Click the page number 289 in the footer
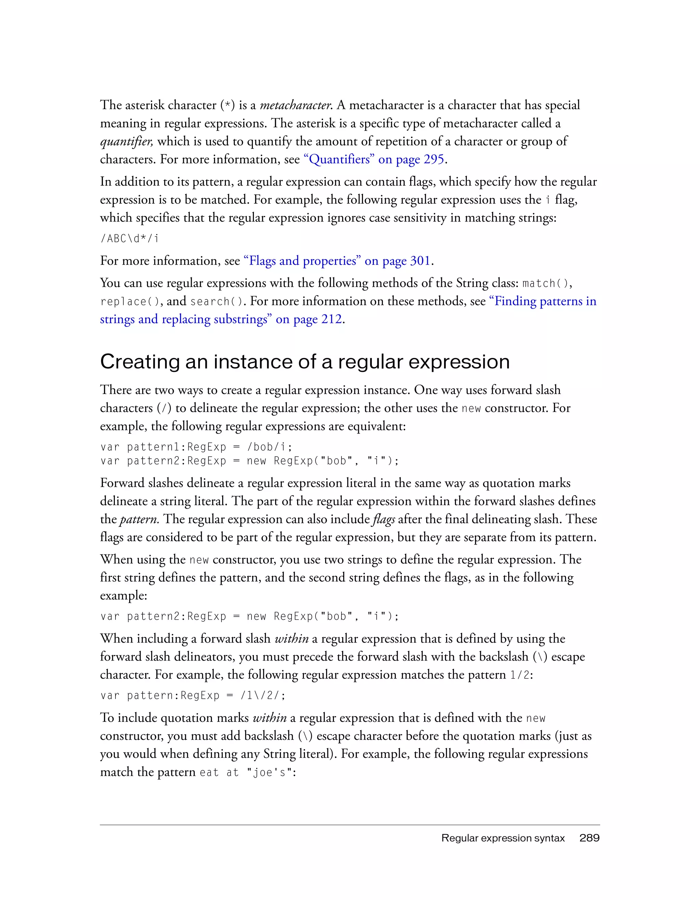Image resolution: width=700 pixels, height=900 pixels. (x=589, y=838)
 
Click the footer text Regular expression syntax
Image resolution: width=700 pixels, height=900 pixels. (x=503, y=838)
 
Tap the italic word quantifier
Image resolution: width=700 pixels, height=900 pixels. (x=126, y=142)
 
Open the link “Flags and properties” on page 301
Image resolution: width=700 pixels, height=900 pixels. (x=337, y=261)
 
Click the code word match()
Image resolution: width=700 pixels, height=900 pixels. (x=546, y=283)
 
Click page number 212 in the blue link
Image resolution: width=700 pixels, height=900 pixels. (x=331, y=319)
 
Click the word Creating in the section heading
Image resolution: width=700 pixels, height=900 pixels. (x=139, y=362)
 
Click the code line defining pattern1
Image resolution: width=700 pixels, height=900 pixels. (x=196, y=447)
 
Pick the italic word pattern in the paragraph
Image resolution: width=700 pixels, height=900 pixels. (x=139, y=520)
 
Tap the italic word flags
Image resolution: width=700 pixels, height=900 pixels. (x=383, y=520)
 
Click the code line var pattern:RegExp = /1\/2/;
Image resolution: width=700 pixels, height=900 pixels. (x=193, y=696)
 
